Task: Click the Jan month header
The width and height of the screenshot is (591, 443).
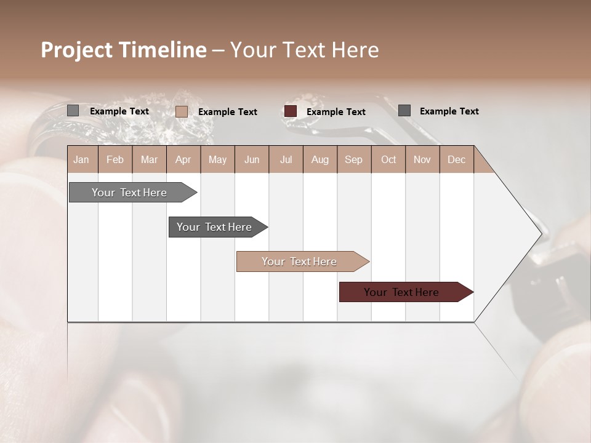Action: (81, 159)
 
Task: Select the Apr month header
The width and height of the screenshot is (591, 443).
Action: (183, 159)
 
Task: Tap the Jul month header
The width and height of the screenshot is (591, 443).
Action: (286, 159)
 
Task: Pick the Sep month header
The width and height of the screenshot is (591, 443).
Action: (353, 159)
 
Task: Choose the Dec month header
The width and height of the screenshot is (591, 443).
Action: (456, 159)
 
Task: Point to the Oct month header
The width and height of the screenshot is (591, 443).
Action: (388, 159)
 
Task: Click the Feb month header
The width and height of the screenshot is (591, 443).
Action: (115, 159)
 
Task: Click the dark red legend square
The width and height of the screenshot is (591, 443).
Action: (291, 111)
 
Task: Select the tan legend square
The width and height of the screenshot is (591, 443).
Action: (182, 111)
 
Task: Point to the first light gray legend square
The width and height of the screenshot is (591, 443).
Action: (73, 111)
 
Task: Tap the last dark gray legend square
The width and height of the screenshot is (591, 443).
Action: (404, 111)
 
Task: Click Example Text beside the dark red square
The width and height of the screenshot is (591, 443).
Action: (336, 112)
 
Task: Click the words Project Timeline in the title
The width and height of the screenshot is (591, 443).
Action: (123, 50)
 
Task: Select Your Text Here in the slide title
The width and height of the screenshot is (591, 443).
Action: (304, 50)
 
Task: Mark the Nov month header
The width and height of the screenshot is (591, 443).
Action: (422, 159)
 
